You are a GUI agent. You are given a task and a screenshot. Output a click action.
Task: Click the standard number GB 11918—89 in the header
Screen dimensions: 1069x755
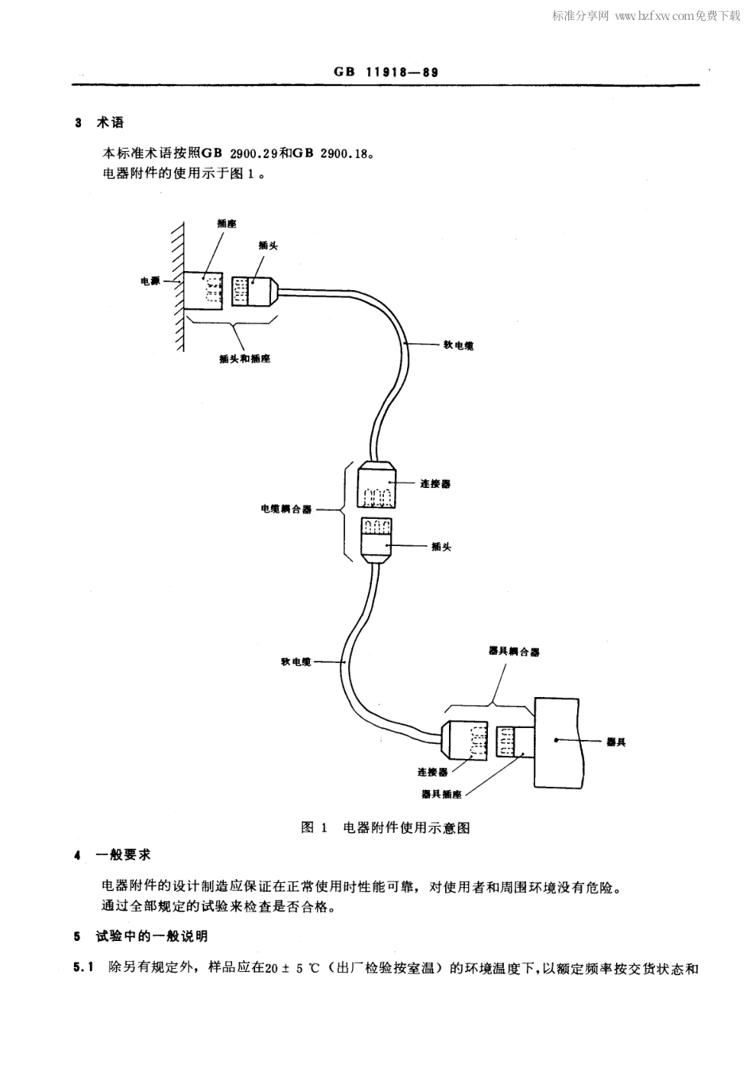pyautogui.click(x=385, y=72)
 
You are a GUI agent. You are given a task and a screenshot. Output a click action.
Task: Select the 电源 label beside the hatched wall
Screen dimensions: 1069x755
pyautogui.click(x=150, y=281)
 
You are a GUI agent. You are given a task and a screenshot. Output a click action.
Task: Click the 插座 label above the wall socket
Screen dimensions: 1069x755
pyautogui.click(x=226, y=224)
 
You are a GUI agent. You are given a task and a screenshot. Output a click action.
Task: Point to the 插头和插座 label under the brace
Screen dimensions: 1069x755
pyautogui.click(x=244, y=358)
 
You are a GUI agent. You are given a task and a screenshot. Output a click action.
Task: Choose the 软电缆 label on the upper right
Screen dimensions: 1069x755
pyautogui.click(x=459, y=346)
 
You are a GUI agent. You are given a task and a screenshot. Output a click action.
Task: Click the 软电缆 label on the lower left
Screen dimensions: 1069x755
pyautogui.click(x=296, y=661)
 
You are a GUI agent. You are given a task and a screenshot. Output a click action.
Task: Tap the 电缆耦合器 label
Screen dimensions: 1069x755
pyautogui.click(x=286, y=509)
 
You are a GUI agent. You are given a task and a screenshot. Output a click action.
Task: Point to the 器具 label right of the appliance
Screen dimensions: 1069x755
pyautogui.click(x=616, y=742)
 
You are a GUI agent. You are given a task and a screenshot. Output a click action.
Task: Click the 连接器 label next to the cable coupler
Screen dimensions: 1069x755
pyautogui.click(x=435, y=483)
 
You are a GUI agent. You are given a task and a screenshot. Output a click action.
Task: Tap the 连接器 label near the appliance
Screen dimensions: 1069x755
pyautogui.click(x=432, y=771)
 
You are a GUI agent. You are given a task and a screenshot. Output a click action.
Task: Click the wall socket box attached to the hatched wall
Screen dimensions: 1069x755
pyautogui.click(x=205, y=291)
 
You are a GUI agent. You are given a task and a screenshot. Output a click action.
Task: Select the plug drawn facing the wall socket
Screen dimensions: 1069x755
pyautogui.click(x=254, y=291)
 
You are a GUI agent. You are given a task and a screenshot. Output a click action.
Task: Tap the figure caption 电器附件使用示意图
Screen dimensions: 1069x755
pyautogui.click(x=406, y=827)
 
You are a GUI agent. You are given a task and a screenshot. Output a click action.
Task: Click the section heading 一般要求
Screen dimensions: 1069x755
pyautogui.click(x=123, y=854)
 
